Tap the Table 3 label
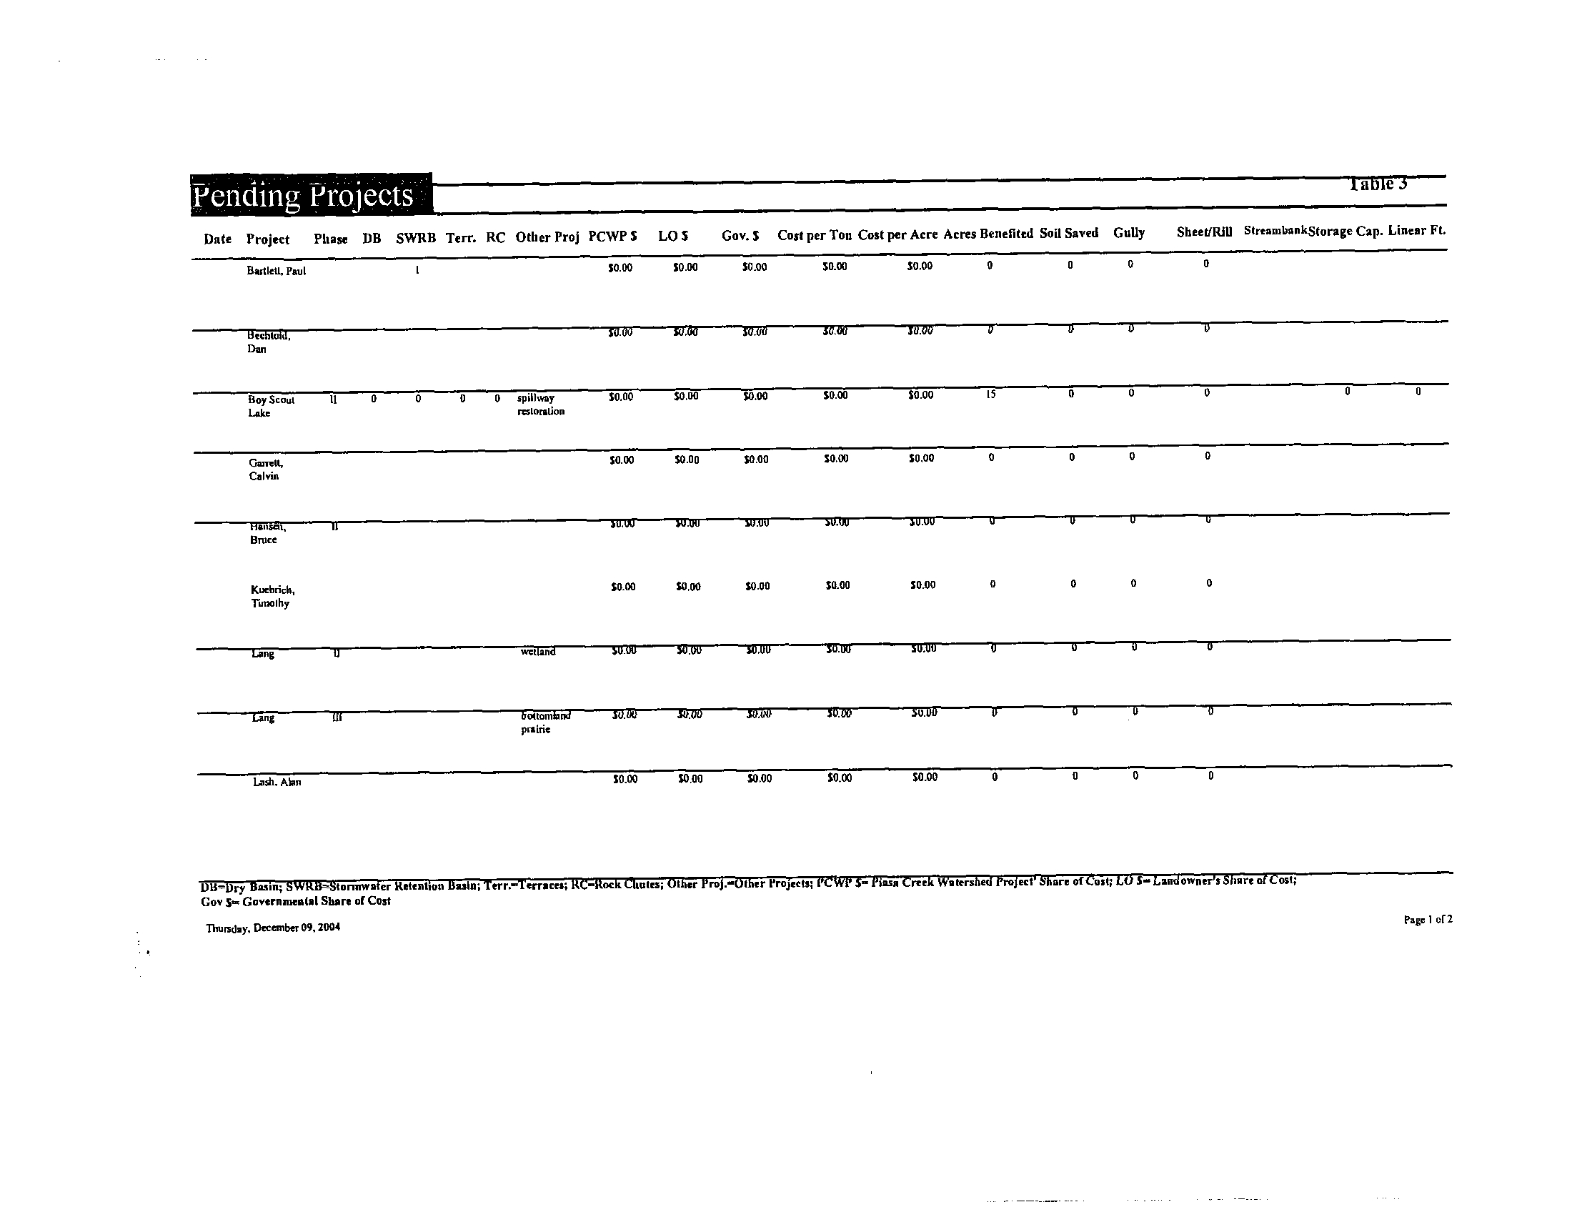(x=1378, y=184)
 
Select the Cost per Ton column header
(x=814, y=235)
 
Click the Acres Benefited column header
(x=988, y=234)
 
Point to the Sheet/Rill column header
(x=1204, y=232)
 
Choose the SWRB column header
(x=415, y=238)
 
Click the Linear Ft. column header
(x=1416, y=230)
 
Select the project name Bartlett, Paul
(x=277, y=272)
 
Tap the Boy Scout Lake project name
(x=271, y=406)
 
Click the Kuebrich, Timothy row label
(x=272, y=596)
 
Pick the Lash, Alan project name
(x=277, y=782)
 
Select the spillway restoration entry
(x=541, y=404)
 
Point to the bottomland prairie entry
(x=545, y=722)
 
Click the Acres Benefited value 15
(x=991, y=394)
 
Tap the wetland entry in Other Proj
(x=538, y=652)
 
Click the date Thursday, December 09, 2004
(x=273, y=928)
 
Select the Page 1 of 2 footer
(x=1428, y=919)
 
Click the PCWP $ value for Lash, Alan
(x=625, y=779)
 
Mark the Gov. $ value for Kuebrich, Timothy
(x=757, y=586)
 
